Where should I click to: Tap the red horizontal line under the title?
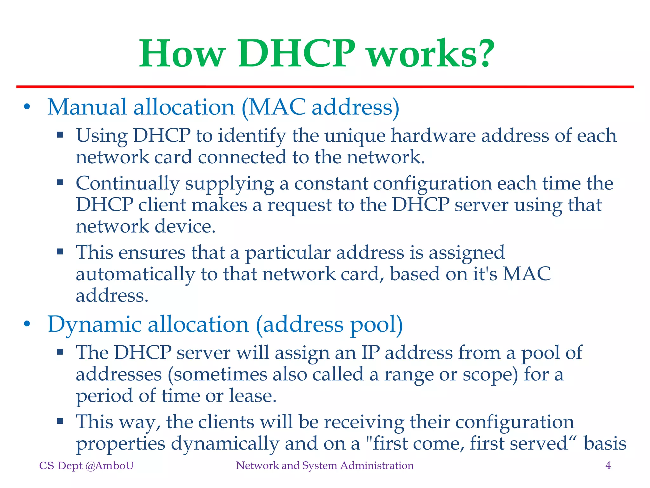click(325, 87)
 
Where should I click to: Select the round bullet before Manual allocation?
click(27, 107)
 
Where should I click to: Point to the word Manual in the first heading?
click(87, 107)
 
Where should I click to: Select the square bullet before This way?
click(60, 422)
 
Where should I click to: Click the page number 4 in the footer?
click(608, 466)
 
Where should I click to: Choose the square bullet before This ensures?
click(60, 252)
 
